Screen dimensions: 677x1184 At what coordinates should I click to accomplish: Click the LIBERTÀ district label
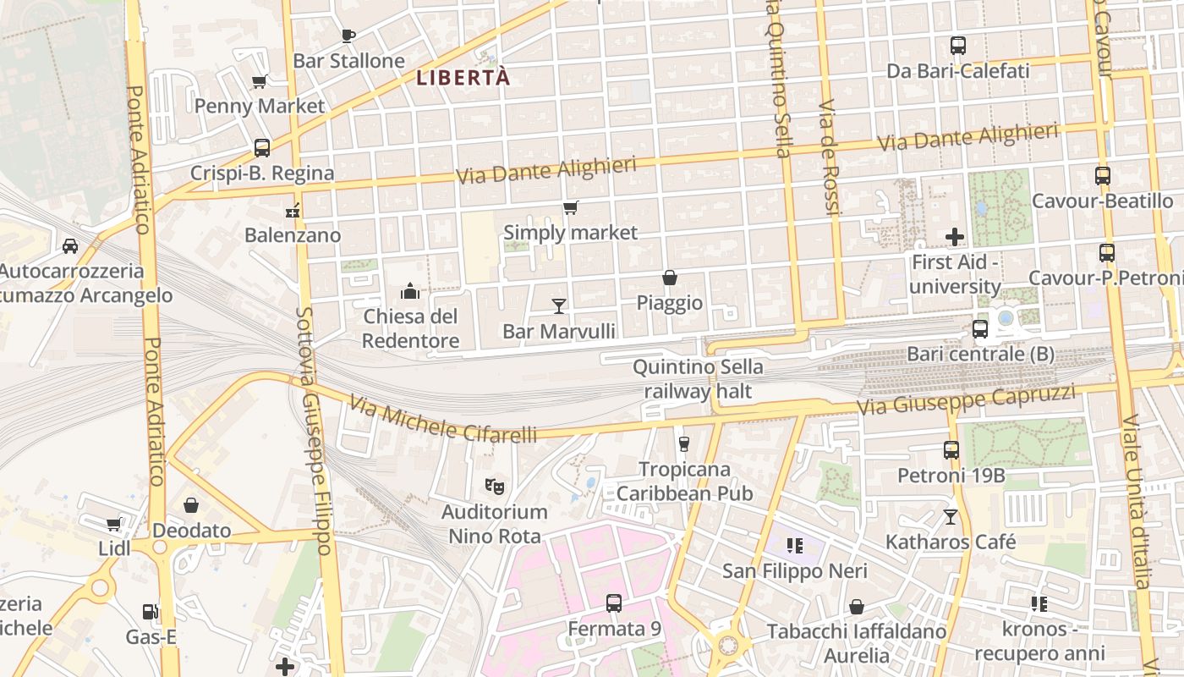[463, 78]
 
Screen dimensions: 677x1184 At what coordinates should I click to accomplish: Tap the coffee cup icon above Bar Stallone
[348, 36]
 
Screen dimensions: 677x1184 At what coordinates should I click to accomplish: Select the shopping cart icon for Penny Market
[260, 81]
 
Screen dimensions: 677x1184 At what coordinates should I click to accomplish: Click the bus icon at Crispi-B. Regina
[262, 148]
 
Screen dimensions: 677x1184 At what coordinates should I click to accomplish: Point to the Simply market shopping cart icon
[570, 207]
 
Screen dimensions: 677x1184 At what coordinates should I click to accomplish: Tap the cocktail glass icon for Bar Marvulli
[558, 305]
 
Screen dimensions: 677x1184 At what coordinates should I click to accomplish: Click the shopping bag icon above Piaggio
[669, 278]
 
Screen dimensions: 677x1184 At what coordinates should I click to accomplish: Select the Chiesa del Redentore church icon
[410, 291]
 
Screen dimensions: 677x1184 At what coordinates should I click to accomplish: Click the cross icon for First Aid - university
[955, 237]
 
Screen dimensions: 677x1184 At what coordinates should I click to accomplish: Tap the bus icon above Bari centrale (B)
[980, 328]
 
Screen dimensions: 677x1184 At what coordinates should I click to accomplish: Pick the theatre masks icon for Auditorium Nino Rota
[495, 486]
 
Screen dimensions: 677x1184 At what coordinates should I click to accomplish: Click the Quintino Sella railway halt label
[698, 379]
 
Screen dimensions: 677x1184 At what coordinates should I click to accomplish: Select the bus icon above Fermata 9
[614, 603]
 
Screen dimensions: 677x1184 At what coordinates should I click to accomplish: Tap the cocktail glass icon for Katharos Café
[951, 515]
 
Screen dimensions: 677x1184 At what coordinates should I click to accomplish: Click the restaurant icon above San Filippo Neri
[793, 545]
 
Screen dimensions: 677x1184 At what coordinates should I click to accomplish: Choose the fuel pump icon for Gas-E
[150, 611]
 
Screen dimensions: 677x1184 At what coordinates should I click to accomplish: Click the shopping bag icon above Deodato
[191, 505]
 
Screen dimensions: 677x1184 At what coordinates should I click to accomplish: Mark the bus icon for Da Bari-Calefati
[958, 46]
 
